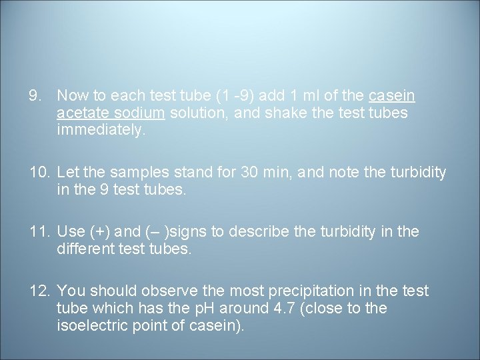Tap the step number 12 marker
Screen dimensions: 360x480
(39, 291)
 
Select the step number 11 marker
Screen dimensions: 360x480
(39, 232)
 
